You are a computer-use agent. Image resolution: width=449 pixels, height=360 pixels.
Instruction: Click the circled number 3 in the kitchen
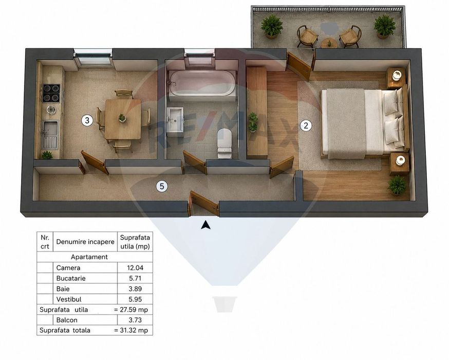87,120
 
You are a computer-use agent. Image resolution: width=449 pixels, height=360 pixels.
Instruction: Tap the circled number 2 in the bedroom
306,125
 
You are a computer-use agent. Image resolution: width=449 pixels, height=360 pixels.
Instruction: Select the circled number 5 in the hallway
162,187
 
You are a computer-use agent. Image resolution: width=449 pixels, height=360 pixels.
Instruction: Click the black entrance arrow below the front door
205,225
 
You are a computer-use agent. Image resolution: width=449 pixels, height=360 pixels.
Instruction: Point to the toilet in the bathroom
224,143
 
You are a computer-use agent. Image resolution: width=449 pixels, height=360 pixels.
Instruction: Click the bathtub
202,83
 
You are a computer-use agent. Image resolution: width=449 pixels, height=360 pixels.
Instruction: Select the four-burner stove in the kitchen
51,93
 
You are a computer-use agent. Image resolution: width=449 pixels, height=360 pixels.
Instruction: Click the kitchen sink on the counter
50,135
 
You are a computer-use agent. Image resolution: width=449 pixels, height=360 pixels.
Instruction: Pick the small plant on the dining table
122,118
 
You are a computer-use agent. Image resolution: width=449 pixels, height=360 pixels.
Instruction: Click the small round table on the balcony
329,43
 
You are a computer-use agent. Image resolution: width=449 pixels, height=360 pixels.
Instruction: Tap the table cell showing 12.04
135,268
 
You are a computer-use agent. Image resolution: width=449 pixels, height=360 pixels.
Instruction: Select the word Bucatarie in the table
71,278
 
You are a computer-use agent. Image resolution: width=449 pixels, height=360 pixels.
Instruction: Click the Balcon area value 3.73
135,320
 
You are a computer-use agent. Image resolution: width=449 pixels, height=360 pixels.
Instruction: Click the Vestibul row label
69,299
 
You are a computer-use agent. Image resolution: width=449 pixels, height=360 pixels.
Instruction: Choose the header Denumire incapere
85,242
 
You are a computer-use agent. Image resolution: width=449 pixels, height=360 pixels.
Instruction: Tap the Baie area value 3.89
135,289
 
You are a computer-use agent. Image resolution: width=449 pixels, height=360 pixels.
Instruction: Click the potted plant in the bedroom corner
397,185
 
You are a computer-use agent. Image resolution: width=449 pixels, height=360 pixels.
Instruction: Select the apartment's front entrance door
203,204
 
